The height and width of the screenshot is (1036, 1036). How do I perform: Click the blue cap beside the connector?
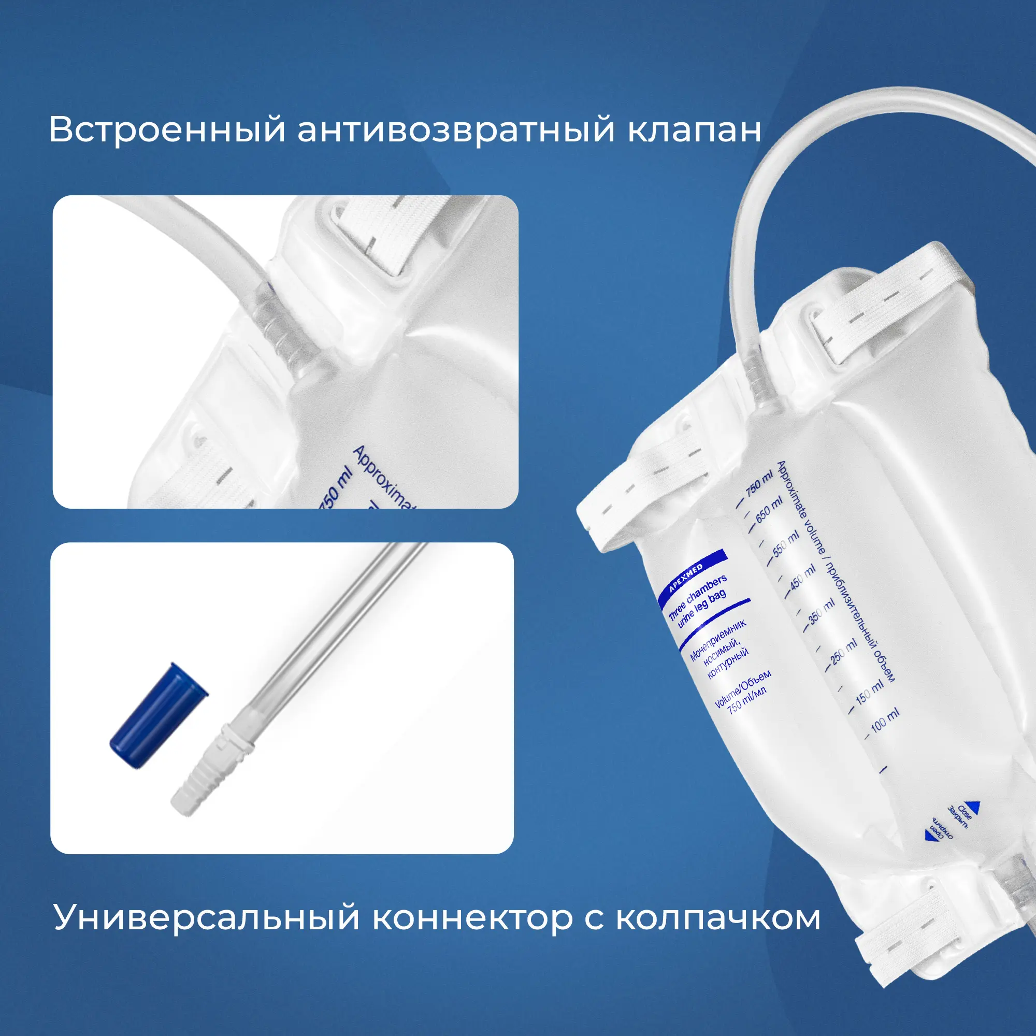coord(159,715)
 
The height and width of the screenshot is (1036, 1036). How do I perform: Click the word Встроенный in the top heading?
coord(167,130)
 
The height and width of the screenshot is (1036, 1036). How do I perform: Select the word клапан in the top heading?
coord(695,130)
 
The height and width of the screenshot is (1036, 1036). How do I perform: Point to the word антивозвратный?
coord(456,130)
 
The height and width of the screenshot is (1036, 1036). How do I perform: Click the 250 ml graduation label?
coord(844,651)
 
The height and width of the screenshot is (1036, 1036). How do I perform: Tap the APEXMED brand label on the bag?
coord(686,579)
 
